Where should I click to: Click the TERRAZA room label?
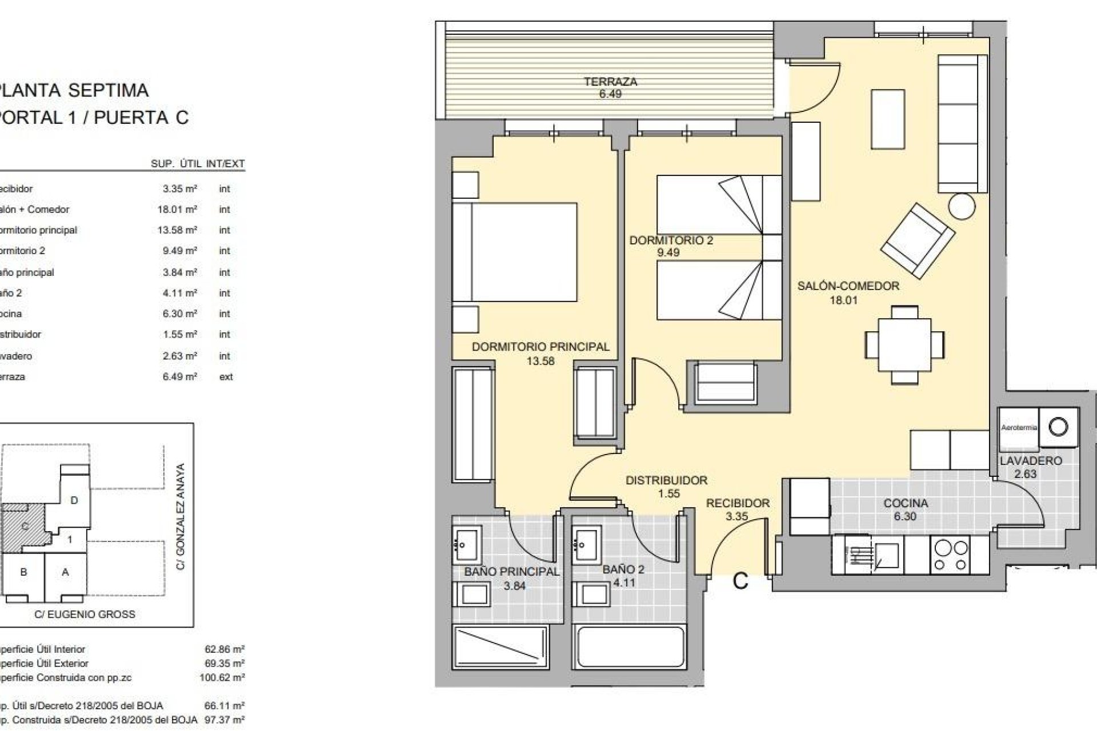point(610,82)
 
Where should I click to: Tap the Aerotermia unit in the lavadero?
point(1019,428)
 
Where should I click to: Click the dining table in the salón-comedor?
point(904,346)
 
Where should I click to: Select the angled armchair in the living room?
point(918,240)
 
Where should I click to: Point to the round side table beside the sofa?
point(962,206)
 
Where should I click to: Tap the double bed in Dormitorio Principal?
point(514,251)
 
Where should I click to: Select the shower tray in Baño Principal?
point(501,654)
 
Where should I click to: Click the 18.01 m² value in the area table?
point(177,210)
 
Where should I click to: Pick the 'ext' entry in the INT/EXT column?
point(226,377)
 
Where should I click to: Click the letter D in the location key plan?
point(74,500)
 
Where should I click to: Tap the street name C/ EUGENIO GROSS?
point(85,614)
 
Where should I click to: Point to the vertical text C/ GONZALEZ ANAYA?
point(181,516)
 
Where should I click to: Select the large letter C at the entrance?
point(740,581)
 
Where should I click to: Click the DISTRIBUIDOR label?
point(666,481)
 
